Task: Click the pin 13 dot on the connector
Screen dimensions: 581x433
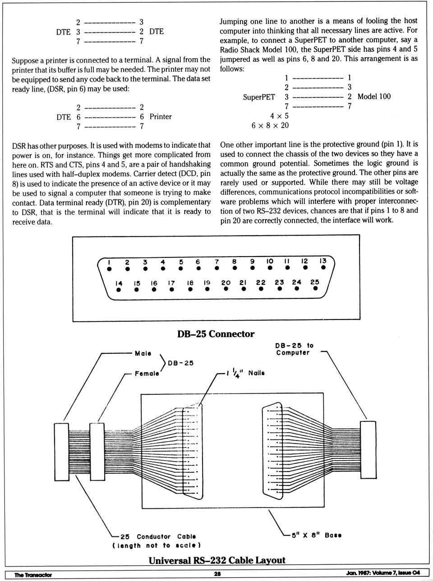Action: [x=323, y=268]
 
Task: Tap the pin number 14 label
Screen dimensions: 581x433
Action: [x=119, y=283]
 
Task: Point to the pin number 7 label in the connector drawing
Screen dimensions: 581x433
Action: [x=216, y=261]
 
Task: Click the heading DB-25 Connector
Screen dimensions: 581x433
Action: [x=216, y=334]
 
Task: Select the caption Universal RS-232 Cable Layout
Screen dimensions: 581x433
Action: [x=217, y=560]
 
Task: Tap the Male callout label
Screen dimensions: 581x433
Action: [x=143, y=353]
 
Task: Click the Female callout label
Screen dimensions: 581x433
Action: [x=147, y=373]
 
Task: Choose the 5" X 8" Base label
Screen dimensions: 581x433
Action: [x=316, y=535]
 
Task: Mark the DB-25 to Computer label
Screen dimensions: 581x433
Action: [x=294, y=349]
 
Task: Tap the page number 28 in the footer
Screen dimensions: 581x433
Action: [x=217, y=574]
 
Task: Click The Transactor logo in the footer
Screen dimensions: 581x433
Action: [x=33, y=575]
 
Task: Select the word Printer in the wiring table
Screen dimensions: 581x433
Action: [x=161, y=117]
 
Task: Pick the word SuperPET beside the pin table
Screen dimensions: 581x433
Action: [x=258, y=97]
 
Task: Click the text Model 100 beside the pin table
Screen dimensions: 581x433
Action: [x=374, y=96]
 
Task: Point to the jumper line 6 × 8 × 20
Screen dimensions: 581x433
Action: [x=270, y=125]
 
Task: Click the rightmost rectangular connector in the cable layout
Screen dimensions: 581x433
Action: [x=368, y=449]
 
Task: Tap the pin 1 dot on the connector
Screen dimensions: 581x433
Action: [x=109, y=269]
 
